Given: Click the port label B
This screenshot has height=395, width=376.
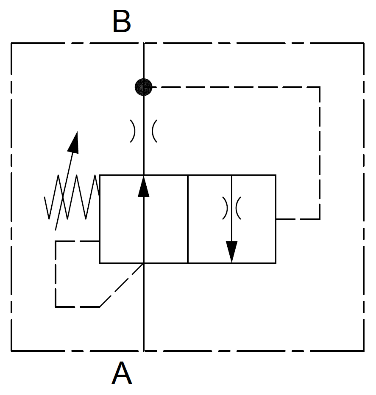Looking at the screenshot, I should coord(122,22).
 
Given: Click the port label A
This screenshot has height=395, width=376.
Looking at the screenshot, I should coord(122,373).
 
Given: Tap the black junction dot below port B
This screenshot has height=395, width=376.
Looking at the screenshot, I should coord(144,87).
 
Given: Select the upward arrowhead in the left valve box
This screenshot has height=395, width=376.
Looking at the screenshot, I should coord(144,187).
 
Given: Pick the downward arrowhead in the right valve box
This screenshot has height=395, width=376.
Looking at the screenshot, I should coord(231,251).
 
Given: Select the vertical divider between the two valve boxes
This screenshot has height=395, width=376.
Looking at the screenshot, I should coord(188,219).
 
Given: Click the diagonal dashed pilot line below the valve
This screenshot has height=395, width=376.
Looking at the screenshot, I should coord(121,285).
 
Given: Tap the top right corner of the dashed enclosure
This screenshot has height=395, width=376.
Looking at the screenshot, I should coord(364,43).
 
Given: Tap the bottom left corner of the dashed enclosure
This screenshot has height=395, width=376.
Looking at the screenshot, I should coord(11,351).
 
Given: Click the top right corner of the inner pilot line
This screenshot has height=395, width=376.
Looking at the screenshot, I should coord(320,87).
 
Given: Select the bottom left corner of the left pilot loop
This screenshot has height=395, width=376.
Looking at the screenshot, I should coord(56,306).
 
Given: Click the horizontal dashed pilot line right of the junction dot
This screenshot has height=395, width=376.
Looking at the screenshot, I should coord(233,87).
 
